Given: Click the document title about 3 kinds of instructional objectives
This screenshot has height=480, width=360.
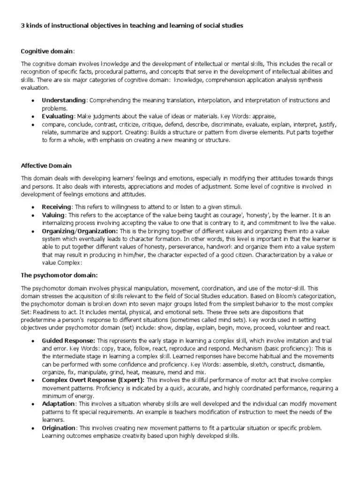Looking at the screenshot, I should click(132, 26).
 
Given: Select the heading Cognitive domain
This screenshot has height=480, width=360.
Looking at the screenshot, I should click(47, 51).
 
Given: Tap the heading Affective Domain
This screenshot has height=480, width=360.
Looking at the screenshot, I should click(46, 165).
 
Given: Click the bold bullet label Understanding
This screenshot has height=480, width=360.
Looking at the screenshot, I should click(64, 100).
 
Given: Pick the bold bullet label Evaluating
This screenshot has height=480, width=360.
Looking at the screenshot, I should click(58, 116).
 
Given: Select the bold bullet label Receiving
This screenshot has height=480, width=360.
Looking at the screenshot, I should click(56, 207).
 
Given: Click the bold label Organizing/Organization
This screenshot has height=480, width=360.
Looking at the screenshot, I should click(80, 231).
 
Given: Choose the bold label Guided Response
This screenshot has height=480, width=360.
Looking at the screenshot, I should click(68, 340).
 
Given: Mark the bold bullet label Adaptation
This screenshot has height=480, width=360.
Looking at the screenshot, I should click(59, 404).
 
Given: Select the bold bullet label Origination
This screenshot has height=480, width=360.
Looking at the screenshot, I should click(59, 428).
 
